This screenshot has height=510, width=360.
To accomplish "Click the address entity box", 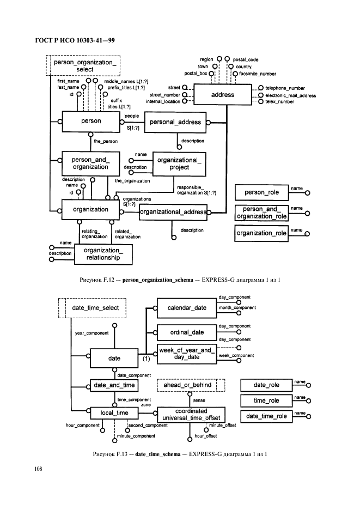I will pyautogui.click(x=222, y=95).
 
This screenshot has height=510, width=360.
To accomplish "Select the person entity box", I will pyautogui.click(x=91, y=122).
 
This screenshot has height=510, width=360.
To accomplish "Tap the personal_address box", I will pyautogui.click(x=175, y=123).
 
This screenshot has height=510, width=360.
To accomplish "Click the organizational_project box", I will pyautogui.click(x=179, y=163).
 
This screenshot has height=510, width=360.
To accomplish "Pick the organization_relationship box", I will pyautogui.click(x=102, y=254).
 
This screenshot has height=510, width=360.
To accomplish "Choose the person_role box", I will pyautogui.click(x=261, y=192).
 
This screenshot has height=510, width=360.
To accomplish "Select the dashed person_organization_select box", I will pyautogui.click(x=84, y=65).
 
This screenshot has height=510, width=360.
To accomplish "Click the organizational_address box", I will pyautogui.click(x=173, y=212).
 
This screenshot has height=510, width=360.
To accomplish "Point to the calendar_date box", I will pyautogui.click(x=187, y=308).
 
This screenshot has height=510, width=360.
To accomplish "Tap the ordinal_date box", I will pyautogui.click(x=187, y=332).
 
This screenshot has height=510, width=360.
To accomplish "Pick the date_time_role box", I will pyautogui.click(x=266, y=416).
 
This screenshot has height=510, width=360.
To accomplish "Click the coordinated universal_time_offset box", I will pyautogui.click(x=191, y=415).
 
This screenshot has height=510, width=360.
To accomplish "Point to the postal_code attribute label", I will pyautogui.click(x=246, y=59).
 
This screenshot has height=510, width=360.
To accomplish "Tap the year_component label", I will pyautogui.click(x=91, y=332).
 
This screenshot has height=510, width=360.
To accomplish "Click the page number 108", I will pyautogui.click(x=39, y=469).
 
